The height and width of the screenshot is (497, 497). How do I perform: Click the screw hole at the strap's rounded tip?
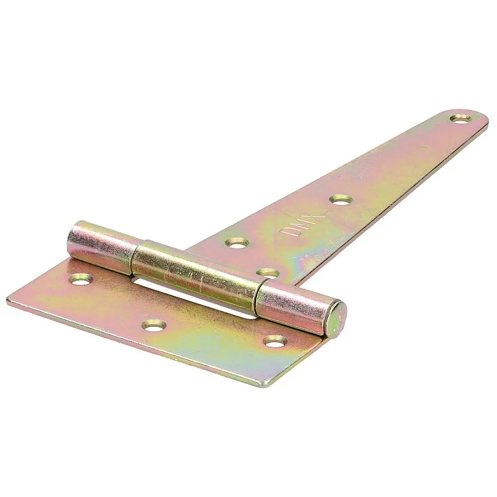(460, 117)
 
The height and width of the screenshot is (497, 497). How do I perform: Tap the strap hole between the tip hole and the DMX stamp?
(340, 199)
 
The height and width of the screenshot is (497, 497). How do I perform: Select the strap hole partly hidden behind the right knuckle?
(268, 273)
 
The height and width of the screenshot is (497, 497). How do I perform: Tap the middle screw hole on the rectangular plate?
(153, 324)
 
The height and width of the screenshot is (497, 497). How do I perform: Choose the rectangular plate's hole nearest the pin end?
(275, 340)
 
